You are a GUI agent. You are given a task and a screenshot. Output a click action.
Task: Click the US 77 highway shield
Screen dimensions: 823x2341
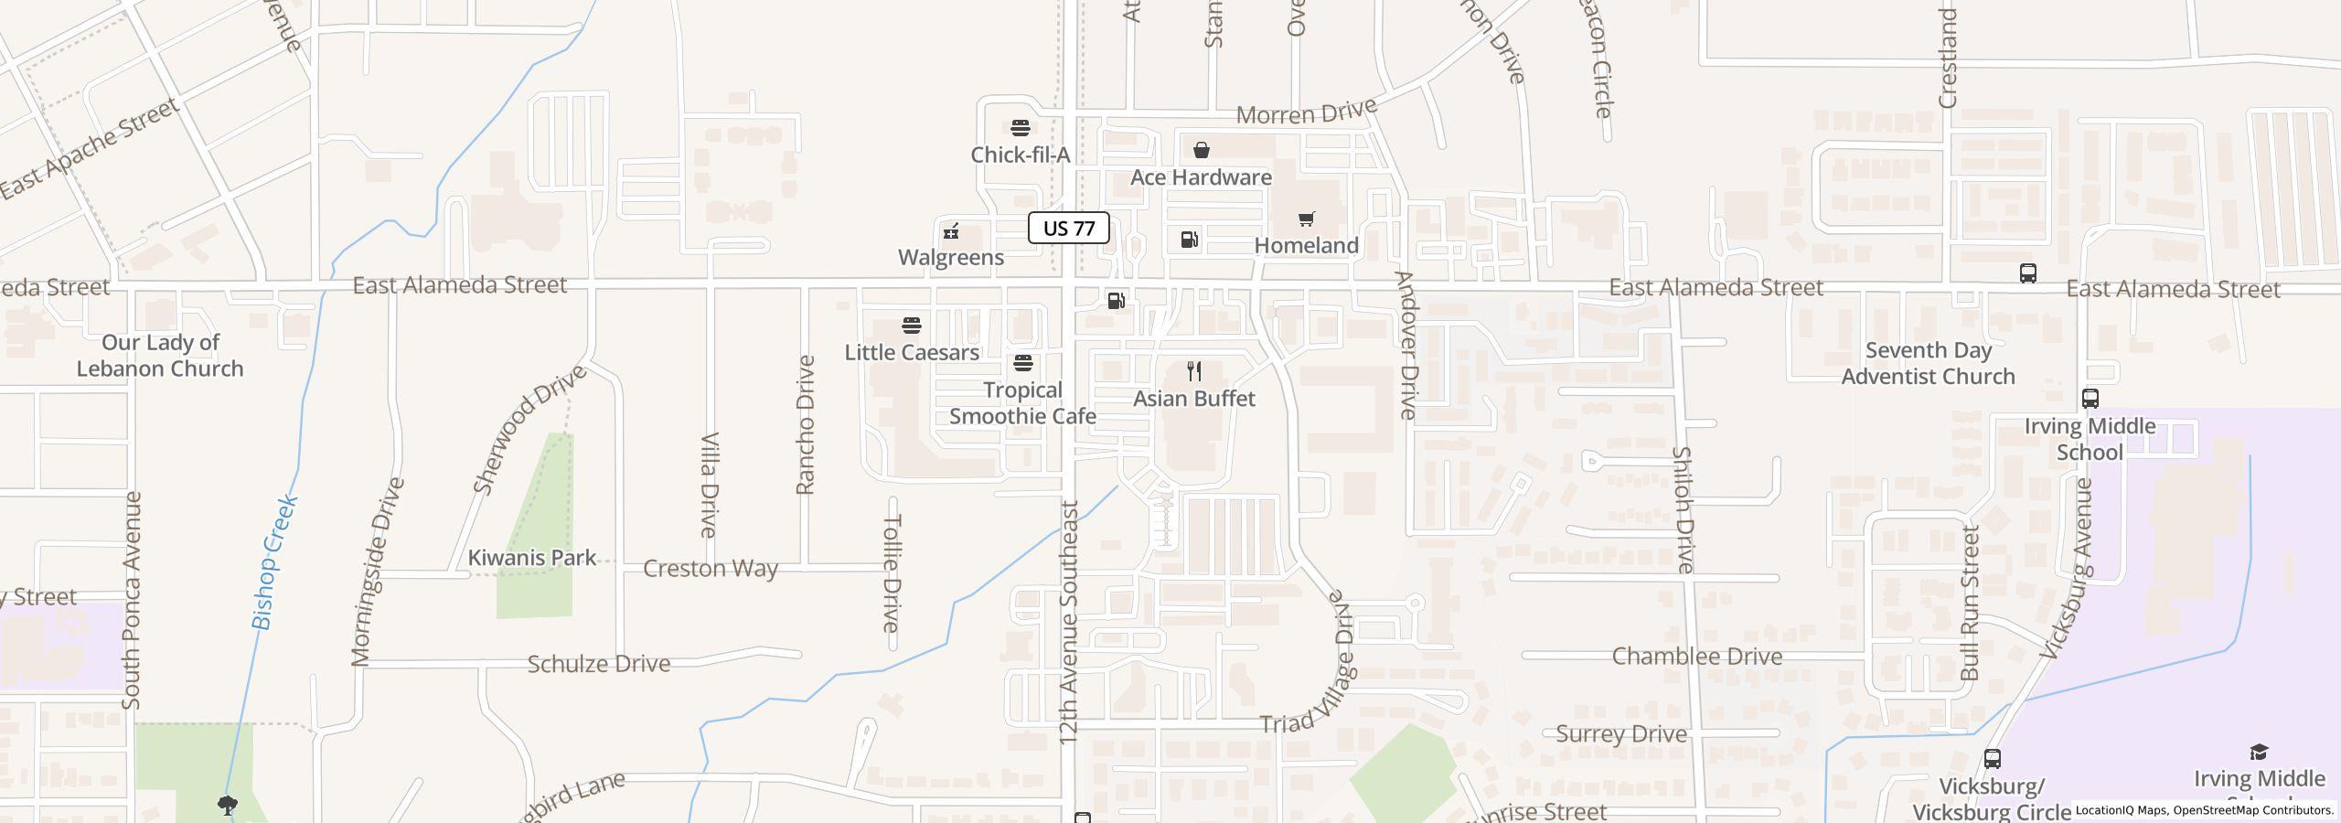[1068, 228]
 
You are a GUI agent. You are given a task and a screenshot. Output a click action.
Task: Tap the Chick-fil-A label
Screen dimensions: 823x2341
[1020, 155]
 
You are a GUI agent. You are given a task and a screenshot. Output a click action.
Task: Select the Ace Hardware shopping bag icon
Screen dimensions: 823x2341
[1201, 150]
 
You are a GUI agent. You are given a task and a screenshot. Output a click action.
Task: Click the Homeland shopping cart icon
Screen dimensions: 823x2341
[1306, 219]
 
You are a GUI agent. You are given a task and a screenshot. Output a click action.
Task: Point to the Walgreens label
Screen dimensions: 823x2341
[951, 257]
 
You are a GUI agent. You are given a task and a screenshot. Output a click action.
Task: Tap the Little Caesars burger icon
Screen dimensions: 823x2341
[911, 326]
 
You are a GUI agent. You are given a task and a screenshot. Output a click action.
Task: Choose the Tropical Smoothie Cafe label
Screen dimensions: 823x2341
[1022, 402]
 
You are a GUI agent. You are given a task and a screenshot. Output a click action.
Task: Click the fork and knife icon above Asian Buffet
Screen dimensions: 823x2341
[1193, 371]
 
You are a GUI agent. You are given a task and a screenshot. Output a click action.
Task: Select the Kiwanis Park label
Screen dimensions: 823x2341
[531, 557]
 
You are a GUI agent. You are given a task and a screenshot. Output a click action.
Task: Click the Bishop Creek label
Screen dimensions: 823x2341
[275, 562]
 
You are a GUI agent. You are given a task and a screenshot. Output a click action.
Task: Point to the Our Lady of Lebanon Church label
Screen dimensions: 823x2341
[160, 355]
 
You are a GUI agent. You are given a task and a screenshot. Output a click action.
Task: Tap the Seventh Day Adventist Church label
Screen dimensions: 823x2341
[1928, 363]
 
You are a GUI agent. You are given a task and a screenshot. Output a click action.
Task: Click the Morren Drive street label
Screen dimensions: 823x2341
[1306, 112]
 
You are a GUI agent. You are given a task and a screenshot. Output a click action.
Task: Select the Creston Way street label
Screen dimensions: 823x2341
[710, 568]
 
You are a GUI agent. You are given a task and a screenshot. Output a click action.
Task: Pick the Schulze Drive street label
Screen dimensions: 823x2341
[598, 663]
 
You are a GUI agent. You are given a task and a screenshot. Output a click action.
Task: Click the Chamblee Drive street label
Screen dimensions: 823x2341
[1696, 656]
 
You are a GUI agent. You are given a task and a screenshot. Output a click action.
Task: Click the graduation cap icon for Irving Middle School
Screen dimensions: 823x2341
[2259, 753]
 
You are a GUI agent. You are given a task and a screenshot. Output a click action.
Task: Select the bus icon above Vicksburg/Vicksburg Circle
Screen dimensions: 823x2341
[1992, 759]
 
